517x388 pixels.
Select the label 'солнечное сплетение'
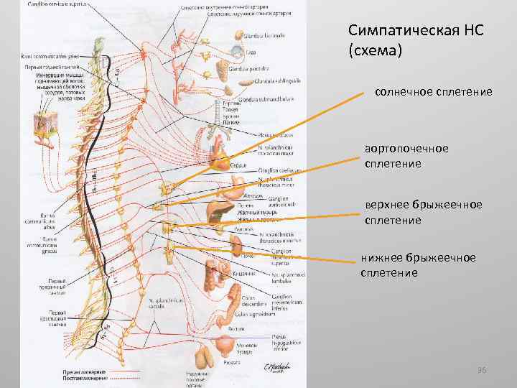point(433,92)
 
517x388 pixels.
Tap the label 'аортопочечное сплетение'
point(406,156)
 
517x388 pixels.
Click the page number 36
point(482,370)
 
